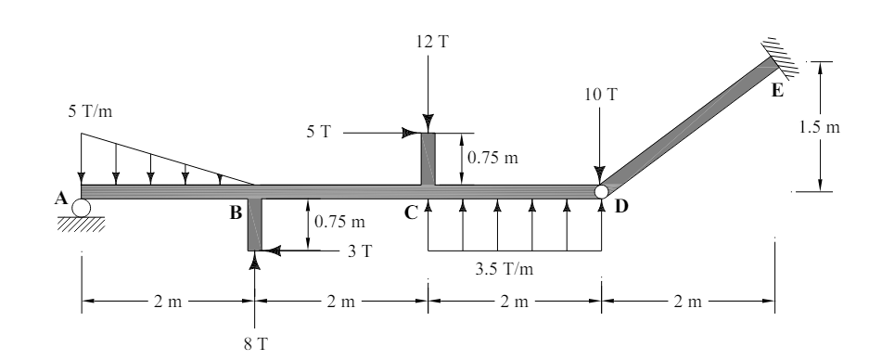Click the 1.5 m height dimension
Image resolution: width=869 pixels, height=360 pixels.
(x=821, y=127)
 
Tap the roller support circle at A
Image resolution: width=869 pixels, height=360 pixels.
(x=82, y=207)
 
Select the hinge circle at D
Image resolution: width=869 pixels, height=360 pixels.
(x=601, y=191)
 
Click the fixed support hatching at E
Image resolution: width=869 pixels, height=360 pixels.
(x=785, y=54)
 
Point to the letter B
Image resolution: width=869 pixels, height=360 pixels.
(x=236, y=212)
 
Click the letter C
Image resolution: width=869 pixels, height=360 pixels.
(x=411, y=212)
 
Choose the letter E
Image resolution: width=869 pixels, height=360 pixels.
(x=777, y=90)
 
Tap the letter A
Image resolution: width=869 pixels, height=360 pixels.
(x=60, y=197)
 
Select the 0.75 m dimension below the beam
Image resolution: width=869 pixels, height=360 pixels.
(x=339, y=222)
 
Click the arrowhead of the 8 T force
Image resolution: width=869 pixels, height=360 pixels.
(x=254, y=259)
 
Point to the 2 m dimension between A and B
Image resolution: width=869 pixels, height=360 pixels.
(x=168, y=302)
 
